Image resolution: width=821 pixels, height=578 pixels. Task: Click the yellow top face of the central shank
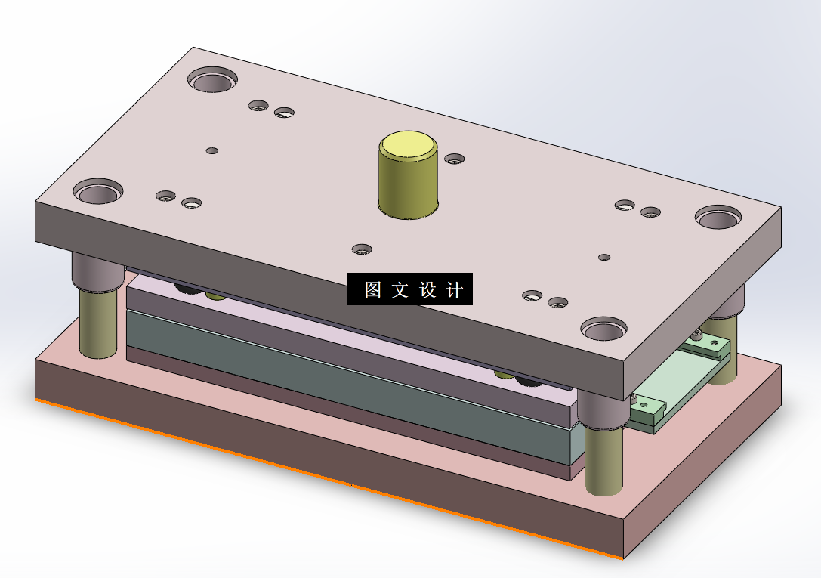[x=408, y=145]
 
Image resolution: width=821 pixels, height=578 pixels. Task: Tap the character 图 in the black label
[x=372, y=289]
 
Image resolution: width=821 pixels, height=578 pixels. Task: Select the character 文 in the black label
[x=400, y=289]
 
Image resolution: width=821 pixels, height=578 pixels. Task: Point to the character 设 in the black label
[x=427, y=289]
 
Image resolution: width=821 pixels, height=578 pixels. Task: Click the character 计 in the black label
[x=455, y=289]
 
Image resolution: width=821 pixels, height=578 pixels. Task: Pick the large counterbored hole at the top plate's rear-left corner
[x=212, y=79]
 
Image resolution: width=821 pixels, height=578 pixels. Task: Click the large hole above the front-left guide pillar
[x=98, y=191]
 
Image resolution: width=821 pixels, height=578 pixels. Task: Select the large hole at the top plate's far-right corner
[x=718, y=217]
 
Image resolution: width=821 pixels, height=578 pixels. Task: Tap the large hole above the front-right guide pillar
[x=603, y=328]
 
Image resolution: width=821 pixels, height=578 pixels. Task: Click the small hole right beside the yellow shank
[x=455, y=159]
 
